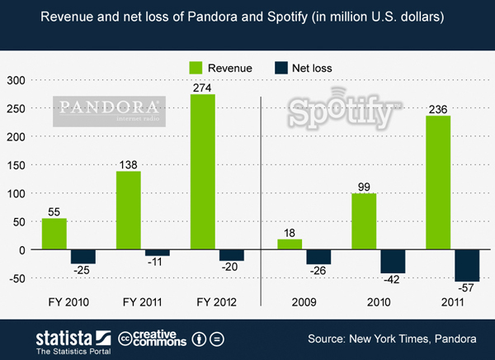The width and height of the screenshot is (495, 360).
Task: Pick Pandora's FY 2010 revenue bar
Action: [54, 234]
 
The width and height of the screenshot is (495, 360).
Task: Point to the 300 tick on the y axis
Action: [16, 80]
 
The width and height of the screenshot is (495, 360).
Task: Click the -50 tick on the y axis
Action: [16, 278]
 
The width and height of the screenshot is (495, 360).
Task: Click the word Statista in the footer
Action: [64, 337]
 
